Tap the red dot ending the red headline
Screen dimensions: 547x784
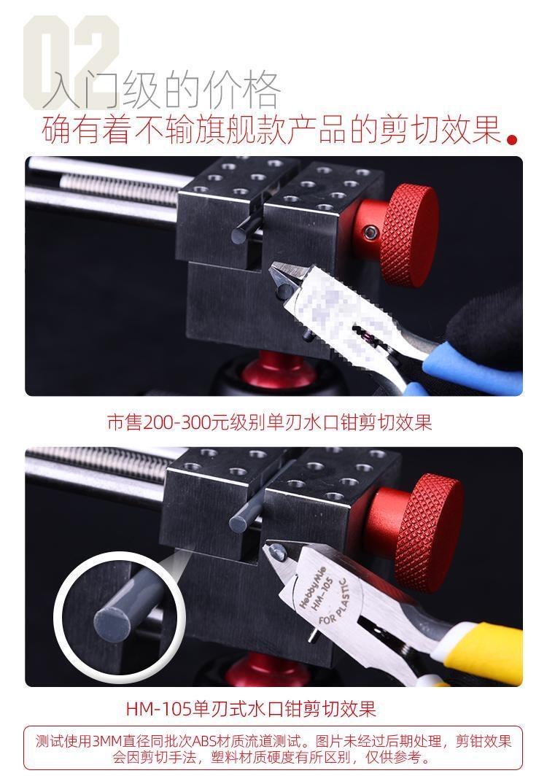(511, 139)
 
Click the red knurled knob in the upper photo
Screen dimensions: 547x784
(408, 235)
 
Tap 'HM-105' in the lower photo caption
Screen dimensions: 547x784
(158, 708)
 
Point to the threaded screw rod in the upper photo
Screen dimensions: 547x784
(120, 187)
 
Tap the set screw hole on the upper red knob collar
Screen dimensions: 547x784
(371, 232)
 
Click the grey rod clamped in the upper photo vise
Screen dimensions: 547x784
(246, 231)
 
